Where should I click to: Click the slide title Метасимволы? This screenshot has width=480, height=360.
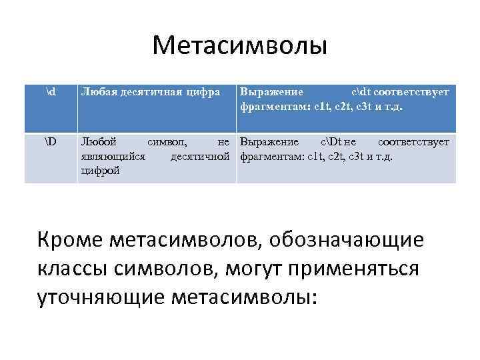[x=239, y=46]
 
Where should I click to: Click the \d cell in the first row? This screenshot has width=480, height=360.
[x=51, y=91]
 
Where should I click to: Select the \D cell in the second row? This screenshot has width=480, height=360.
[x=51, y=142]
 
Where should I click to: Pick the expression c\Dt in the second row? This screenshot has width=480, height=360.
[x=333, y=142]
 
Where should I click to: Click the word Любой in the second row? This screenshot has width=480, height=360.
[x=98, y=142]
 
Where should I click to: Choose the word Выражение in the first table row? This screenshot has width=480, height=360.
[x=271, y=92]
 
